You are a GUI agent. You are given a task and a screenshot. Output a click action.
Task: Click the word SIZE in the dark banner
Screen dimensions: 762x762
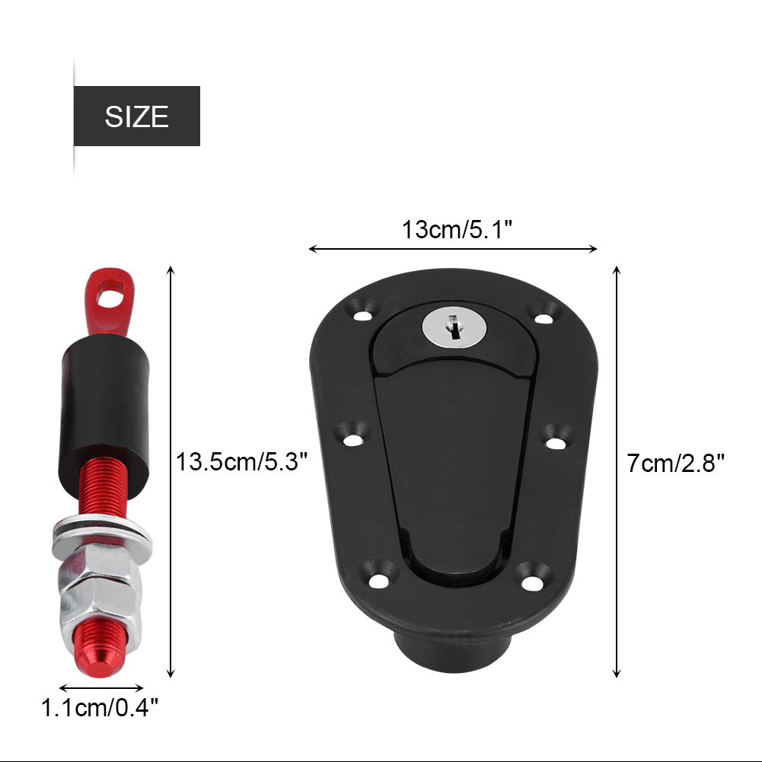coord(136,116)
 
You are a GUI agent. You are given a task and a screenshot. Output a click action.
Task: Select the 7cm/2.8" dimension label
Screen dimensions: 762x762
coord(675,462)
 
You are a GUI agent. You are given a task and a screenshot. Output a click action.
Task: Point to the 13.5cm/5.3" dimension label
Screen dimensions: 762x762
coord(241,462)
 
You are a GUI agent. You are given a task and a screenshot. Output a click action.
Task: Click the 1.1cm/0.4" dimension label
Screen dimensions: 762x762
coord(100,709)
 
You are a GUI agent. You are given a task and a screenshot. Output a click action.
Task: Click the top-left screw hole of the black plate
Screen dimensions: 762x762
coord(361,311)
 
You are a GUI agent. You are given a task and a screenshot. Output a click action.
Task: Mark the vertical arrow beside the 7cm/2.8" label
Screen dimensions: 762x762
coord(617,472)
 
